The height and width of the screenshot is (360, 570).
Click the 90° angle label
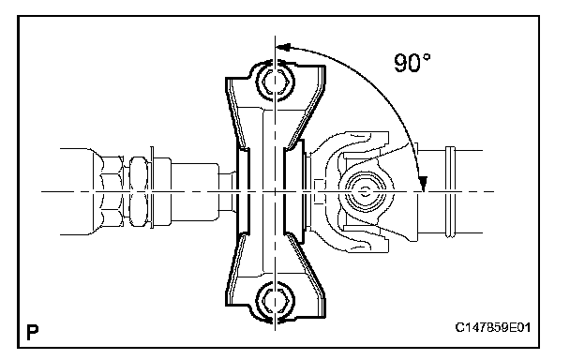(x=412, y=63)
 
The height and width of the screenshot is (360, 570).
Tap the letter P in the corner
(x=33, y=332)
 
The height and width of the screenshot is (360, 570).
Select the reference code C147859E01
(x=492, y=327)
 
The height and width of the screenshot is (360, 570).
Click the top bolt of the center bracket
(x=275, y=82)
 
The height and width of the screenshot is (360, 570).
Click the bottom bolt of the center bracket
(x=275, y=301)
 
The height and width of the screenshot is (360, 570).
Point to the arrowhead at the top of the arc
(x=283, y=48)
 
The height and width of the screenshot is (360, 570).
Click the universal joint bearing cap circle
(x=365, y=191)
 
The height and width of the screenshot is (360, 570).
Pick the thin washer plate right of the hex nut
(x=152, y=187)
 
